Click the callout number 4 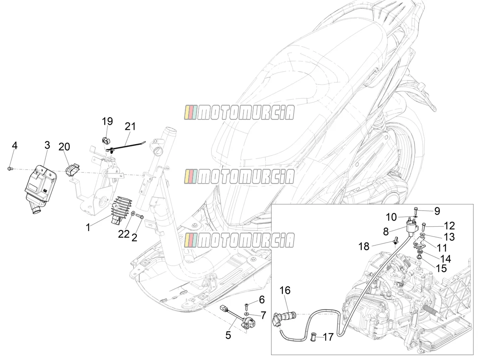click(15, 146)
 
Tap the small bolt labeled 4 click(10, 168)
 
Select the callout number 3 click(47, 145)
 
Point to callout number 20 click(64, 147)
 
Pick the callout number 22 click(124, 235)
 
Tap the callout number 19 click(108, 121)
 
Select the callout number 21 click(130, 127)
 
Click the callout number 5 click(228, 335)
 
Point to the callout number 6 click(262, 300)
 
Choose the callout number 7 click(263, 315)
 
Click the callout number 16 click(285, 290)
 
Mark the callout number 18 click(364, 247)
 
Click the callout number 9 click(437, 211)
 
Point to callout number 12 click(450, 226)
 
